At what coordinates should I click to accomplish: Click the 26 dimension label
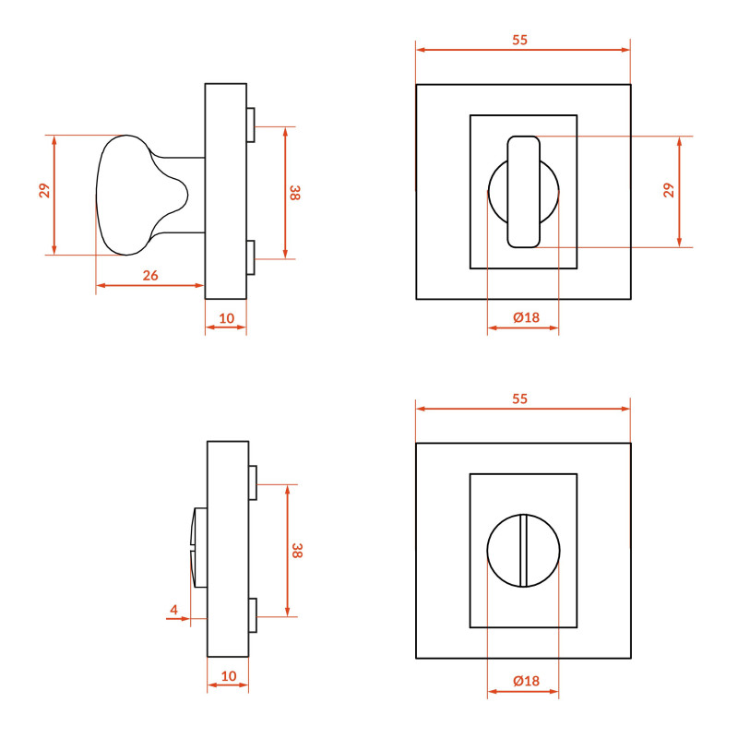coord(150,275)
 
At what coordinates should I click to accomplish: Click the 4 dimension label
coord(174,610)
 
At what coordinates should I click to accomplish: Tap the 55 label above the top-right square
coord(519,40)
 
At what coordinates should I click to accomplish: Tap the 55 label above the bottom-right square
coord(519,399)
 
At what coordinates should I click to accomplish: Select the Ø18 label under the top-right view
coord(526,317)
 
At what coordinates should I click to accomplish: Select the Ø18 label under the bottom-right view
coord(526,681)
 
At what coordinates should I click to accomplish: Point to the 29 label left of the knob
coord(44,191)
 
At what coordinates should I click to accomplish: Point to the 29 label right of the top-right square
coord(668,191)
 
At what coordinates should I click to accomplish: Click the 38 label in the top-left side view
coord(294,193)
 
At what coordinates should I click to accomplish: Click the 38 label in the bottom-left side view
coord(296,551)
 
